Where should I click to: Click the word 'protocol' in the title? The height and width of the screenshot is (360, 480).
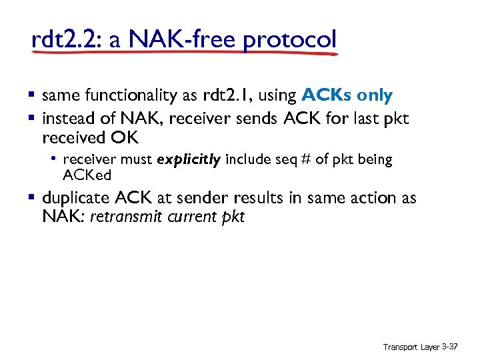pyautogui.click(x=289, y=39)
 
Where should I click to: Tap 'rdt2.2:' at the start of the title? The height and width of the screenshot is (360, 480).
pyautogui.click(x=64, y=39)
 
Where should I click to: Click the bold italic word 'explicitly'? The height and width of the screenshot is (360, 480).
pyautogui.click(x=189, y=160)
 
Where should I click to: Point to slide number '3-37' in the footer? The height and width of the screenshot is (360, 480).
pyautogui.click(x=450, y=348)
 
